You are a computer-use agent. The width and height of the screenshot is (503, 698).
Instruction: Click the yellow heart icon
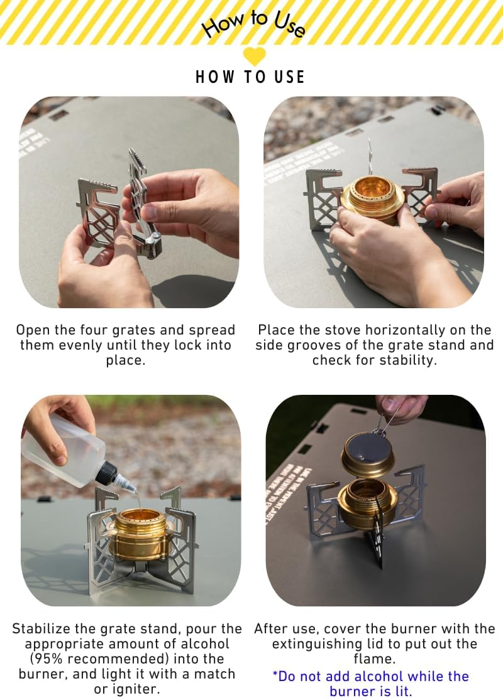point(254,56)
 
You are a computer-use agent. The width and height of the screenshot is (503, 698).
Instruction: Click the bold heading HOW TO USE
point(250,77)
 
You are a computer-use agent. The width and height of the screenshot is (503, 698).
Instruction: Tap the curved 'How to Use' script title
point(254,24)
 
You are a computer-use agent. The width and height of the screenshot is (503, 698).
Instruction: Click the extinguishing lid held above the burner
point(367,453)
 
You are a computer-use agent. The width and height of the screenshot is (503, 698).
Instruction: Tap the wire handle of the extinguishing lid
point(386,419)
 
